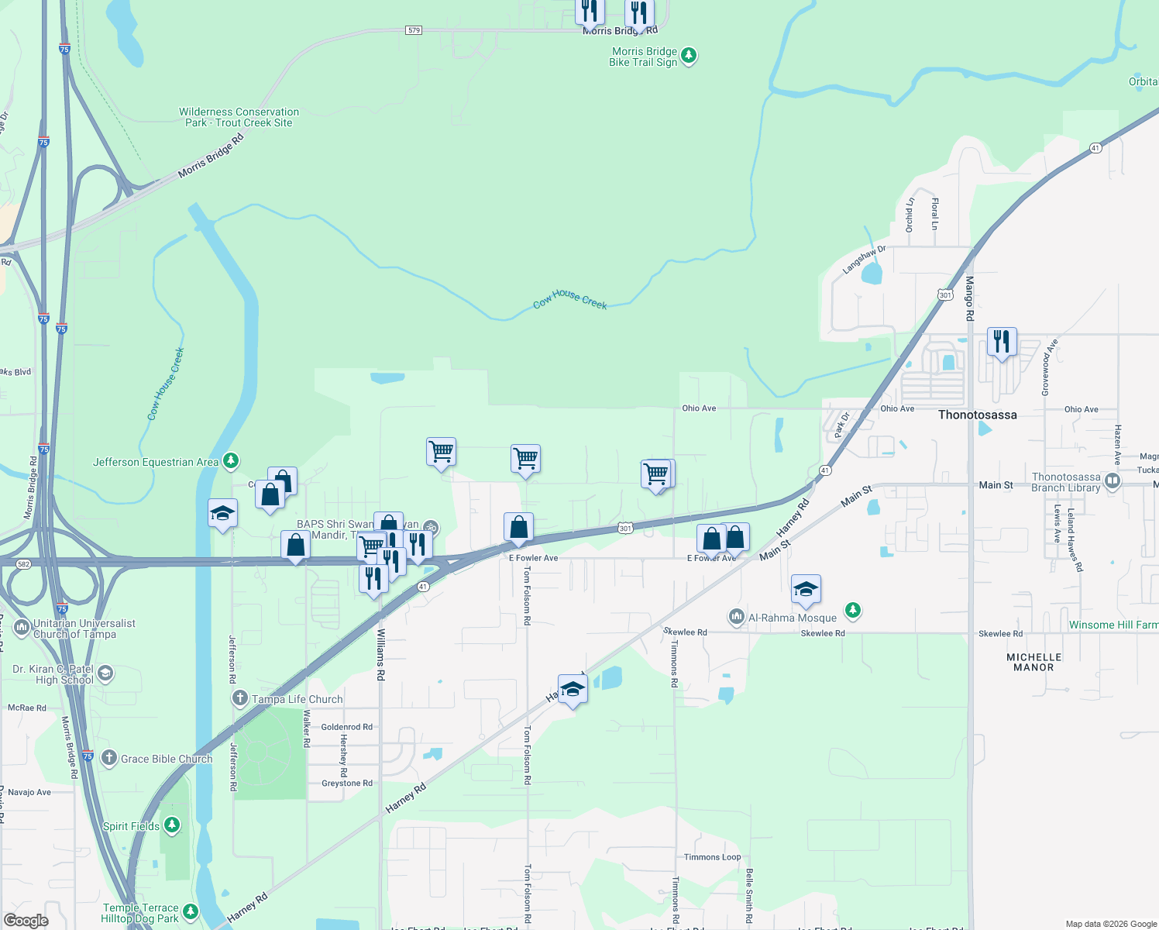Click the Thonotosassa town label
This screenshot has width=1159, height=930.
[x=977, y=415]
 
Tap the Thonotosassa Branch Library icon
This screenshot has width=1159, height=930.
[x=1113, y=481]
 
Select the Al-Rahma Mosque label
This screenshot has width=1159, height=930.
[x=792, y=618]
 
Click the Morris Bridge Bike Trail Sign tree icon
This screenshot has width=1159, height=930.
[x=688, y=56]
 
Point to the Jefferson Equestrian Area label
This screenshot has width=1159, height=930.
[x=156, y=462]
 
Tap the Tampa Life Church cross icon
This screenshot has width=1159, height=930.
[x=240, y=698]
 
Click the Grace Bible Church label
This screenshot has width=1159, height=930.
[x=166, y=759]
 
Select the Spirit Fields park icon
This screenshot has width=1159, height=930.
[x=172, y=825]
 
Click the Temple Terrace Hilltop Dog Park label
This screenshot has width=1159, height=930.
[x=141, y=913]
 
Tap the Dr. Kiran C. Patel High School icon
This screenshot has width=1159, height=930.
[x=105, y=673]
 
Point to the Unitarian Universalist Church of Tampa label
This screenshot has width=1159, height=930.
[x=84, y=629]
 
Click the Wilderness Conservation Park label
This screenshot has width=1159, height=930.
[x=239, y=117]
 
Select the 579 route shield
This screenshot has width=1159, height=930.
[x=414, y=30]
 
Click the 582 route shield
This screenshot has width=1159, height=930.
[x=23, y=563]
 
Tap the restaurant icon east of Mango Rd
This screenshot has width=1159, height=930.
[x=1002, y=342]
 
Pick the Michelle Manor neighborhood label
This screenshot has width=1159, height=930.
[x=1033, y=662]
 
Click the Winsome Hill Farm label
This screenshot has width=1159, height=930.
[x=1113, y=625]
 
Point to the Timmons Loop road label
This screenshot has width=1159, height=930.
[x=712, y=857]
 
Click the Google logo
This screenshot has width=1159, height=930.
[x=26, y=920]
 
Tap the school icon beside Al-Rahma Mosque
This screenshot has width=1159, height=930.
[x=806, y=591]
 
